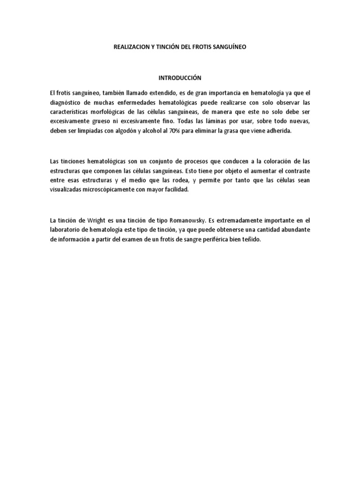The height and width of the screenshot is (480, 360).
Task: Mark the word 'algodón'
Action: point(134,132)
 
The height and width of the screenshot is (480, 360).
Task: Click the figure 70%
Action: point(181,132)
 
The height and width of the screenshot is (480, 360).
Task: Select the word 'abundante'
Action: point(293,229)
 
